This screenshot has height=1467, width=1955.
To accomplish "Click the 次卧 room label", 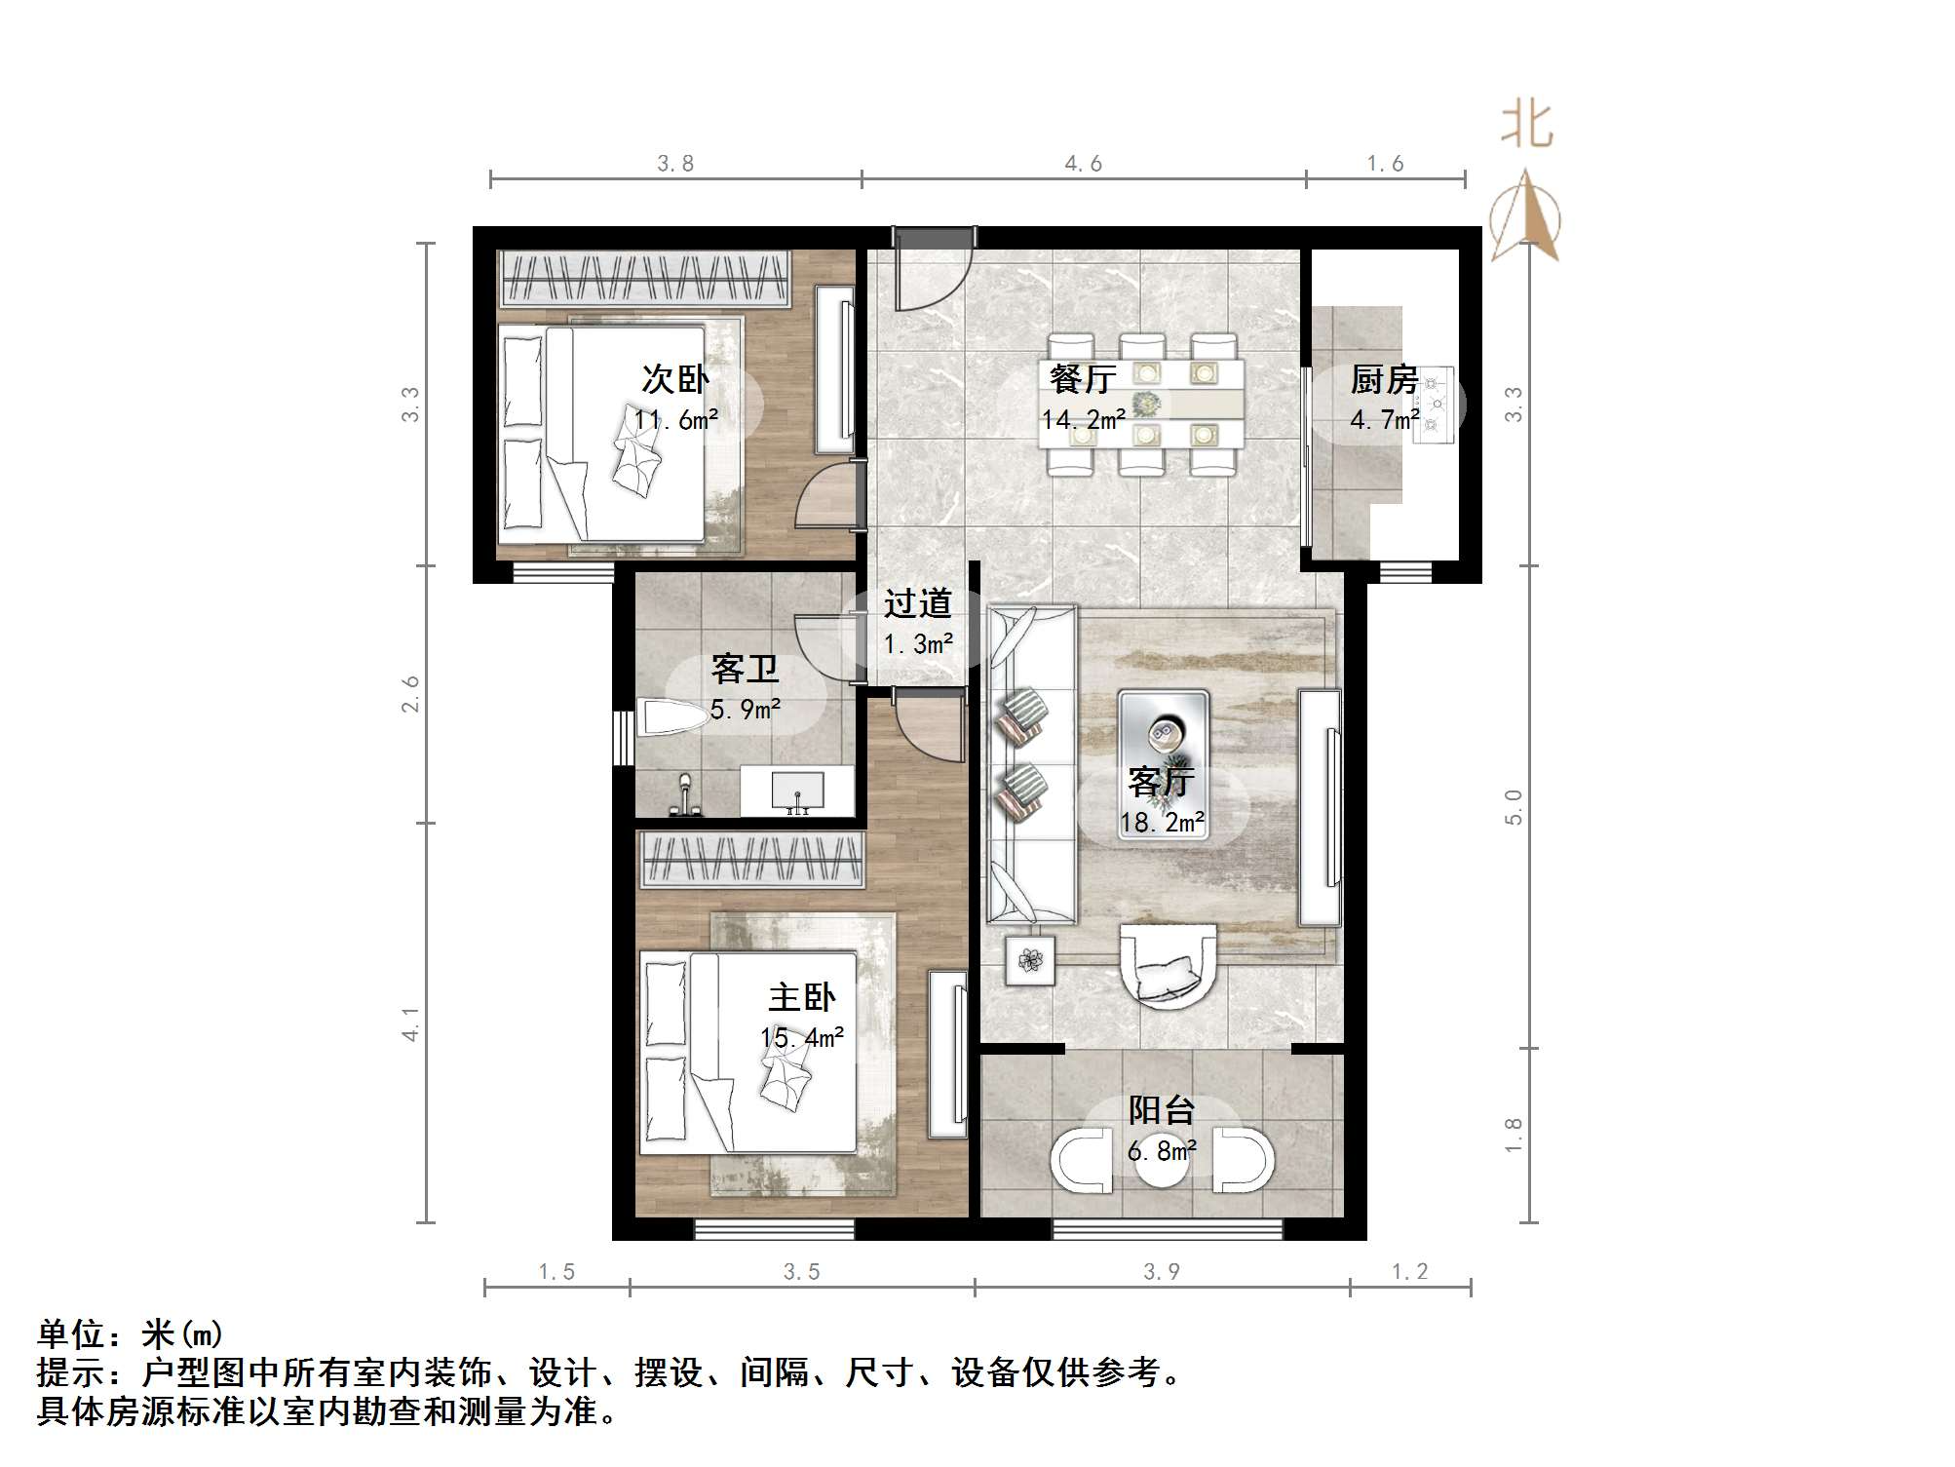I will (674, 379).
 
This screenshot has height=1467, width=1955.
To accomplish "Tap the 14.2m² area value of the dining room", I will (1083, 420).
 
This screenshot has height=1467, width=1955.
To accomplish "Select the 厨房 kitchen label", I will (1383, 379).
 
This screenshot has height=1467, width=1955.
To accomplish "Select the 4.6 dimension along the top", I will (1083, 164).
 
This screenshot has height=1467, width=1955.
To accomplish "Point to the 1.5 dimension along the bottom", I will (556, 1272).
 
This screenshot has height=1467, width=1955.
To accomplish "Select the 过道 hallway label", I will (917, 604).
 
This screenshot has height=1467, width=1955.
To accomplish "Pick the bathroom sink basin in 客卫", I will (797, 791).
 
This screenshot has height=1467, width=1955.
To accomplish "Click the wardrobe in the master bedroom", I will (750, 860).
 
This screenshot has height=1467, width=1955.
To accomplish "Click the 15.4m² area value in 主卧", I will (802, 1038).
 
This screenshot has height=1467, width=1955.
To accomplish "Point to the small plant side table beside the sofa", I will (1030, 960).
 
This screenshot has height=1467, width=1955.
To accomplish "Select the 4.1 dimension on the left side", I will (411, 1023).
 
